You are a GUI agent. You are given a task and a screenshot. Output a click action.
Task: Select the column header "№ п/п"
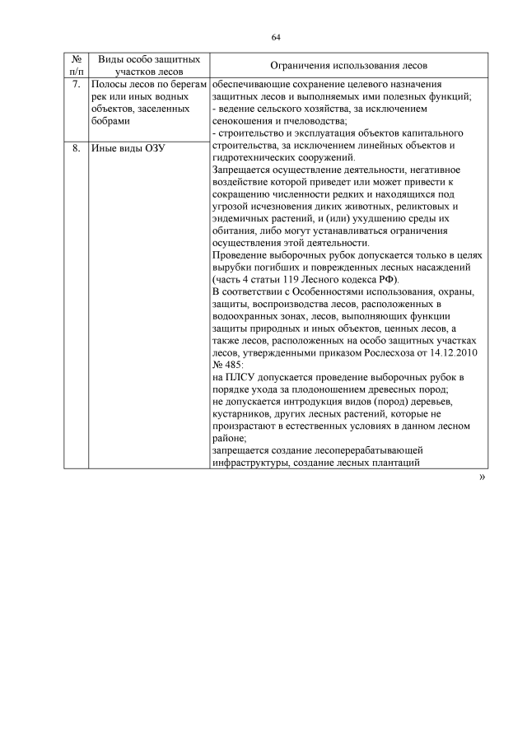(x=77, y=65)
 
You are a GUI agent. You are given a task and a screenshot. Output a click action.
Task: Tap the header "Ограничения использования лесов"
(x=348, y=65)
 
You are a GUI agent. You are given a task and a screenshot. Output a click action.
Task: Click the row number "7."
(x=77, y=85)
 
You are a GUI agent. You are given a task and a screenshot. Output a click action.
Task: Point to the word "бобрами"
(x=110, y=121)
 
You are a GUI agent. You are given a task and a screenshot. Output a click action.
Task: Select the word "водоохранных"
(x=249, y=315)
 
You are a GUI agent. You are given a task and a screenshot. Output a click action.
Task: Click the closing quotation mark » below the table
(x=481, y=477)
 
